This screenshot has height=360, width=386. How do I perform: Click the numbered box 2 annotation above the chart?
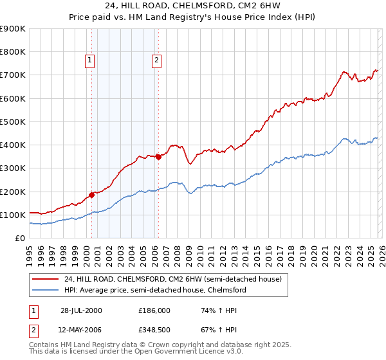[156, 61]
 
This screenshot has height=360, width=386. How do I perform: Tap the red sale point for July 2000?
[92, 194]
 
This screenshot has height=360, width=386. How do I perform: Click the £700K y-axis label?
[13, 75]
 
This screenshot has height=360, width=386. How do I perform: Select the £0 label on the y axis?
[20, 238]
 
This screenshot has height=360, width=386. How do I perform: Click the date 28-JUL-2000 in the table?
[81, 310]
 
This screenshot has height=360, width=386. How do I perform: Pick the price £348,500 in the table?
[154, 330]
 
